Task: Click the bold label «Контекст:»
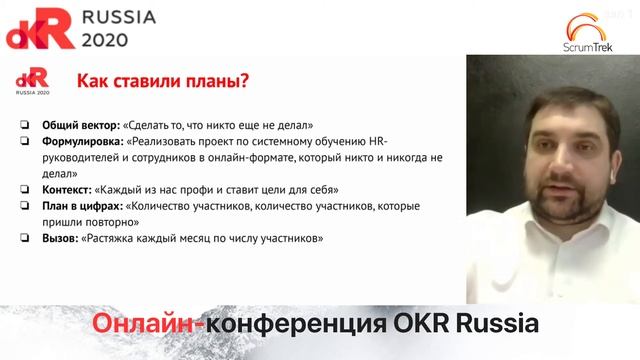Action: pos(67,189)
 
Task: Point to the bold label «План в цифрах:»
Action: pos(82,206)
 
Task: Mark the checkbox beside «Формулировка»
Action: pos(24,142)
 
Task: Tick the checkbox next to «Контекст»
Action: pos(24,189)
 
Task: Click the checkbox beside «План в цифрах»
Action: pos(24,206)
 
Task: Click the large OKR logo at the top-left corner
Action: pos(40,29)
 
